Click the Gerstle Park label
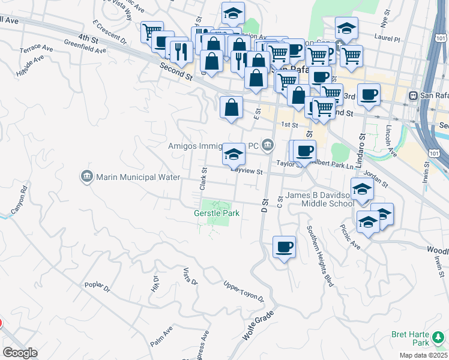pyautogui.click(x=217, y=213)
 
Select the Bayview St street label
pyautogui.click(x=248, y=172)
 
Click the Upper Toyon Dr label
pyautogui.click(x=244, y=292)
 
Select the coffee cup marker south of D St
pyautogui.click(x=284, y=247)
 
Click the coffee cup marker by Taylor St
pyautogui.click(x=304, y=151)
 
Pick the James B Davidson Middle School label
pyautogui.click(x=320, y=199)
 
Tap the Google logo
pyautogui.click(x=19, y=353)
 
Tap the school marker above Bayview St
pyautogui.click(x=234, y=154)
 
